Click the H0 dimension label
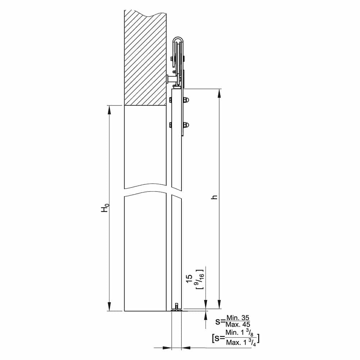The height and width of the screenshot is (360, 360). coord(105,208)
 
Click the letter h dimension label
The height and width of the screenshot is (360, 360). coord(215,197)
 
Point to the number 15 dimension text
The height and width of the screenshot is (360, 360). coord(189,279)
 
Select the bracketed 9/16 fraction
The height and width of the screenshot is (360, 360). coord(199,279)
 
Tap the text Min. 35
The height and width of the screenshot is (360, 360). coord(238,318)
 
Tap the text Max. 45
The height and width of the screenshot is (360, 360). coord(238,324)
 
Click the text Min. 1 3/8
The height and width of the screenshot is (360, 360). coord(240,333)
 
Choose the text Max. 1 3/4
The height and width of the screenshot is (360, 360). coord(241,342)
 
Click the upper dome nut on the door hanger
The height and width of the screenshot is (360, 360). coord(186,100)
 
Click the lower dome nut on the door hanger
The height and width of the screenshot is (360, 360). coord(186,125)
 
